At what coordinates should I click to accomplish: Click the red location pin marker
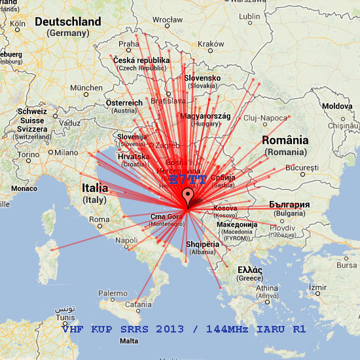point(189,197)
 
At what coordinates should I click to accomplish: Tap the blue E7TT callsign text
point(187,179)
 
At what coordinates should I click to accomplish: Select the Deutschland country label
point(68,22)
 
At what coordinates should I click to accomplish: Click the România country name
point(285,140)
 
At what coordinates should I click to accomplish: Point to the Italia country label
point(95,188)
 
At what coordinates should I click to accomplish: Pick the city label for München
point(86,87)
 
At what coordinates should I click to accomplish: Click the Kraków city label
point(211,44)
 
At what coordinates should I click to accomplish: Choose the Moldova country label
point(336,105)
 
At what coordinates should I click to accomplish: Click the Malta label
point(130,340)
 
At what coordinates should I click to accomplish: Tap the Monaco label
point(24,189)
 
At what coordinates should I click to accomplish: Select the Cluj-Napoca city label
point(261,117)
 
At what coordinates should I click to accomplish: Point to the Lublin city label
point(249,16)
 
